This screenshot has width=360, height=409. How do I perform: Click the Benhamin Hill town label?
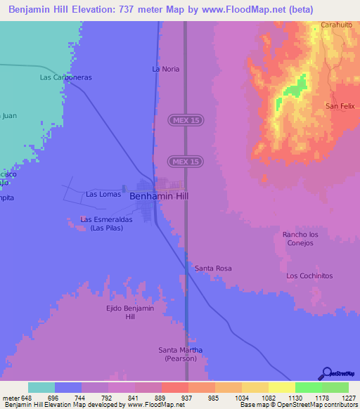(x=160, y=197)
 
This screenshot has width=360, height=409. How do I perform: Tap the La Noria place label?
(x=166, y=69)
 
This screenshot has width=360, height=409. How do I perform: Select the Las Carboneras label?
(x=66, y=77)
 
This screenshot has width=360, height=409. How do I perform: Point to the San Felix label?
(x=339, y=106)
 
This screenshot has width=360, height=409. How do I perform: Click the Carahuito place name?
(x=336, y=25)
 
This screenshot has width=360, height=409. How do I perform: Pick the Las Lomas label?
(x=101, y=194)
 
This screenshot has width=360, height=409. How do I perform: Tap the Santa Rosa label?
(x=213, y=268)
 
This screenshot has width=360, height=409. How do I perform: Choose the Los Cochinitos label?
(x=309, y=275)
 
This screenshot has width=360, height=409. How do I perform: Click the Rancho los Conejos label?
(x=300, y=239)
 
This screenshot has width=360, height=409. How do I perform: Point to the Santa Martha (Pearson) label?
(x=181, y=354)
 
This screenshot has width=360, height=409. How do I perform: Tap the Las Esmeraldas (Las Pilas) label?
(x=102, y=223)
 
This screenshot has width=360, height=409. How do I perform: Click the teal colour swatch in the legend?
(x=41, y=387)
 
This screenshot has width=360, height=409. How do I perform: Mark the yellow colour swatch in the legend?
(x=282, y=387)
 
